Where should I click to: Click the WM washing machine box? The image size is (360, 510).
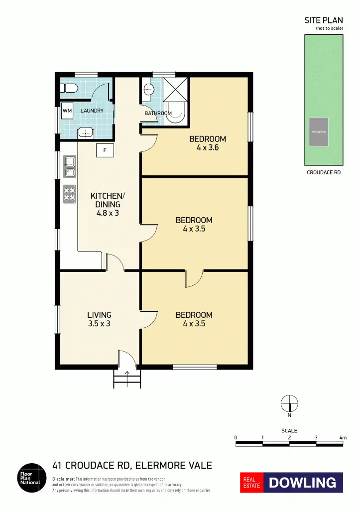[x=67, y=111]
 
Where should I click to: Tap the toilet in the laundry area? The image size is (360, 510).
[x=69, y=89]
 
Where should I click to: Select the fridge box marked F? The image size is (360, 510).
[x=105, y=150]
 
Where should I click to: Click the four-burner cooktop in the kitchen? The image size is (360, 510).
[x=69, y=194]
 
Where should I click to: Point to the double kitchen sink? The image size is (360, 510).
[x=69, y=166]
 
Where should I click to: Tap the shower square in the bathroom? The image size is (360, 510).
[x=176, y=90]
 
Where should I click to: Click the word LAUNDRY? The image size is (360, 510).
[x=92, y=111]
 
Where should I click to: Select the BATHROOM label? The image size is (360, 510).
[x=158, y=114]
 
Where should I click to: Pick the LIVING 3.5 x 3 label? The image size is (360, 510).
[x=99, y=319]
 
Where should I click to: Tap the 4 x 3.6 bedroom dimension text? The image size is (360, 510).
[x=208, y=147]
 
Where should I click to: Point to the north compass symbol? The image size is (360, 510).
[x=289, y=402]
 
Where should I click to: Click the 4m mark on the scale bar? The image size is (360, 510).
[x=343, y=437]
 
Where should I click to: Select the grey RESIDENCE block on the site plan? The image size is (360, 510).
[x=318, y=132]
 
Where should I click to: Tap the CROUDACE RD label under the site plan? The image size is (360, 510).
[x=324, y=173]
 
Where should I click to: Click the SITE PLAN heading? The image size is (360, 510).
[x=324, y=20]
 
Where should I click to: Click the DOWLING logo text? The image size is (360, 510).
[x=303, y=483]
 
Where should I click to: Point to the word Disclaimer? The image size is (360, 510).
[x=63, y=478]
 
